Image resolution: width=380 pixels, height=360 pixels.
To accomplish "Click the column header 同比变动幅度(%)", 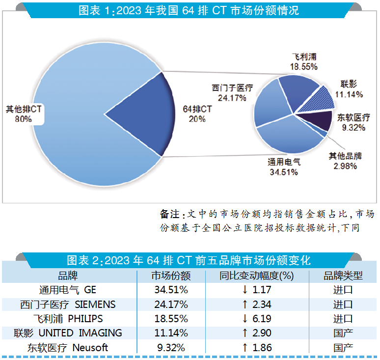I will tap(256, 276).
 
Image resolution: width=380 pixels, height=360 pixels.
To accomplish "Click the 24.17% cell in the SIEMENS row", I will tap(171, 305).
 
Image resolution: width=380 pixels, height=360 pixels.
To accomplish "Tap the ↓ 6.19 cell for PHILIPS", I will tap(256, 319).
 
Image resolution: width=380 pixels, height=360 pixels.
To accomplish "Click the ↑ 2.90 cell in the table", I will tap(256, 333).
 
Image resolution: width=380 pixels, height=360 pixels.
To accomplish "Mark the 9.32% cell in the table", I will tap(171, 348).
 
